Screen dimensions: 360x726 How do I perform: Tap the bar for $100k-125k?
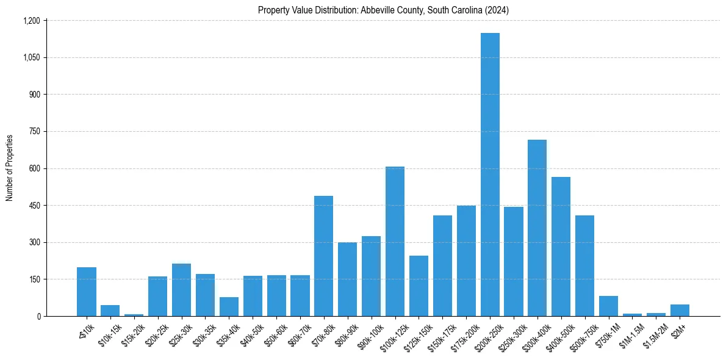point(395,241)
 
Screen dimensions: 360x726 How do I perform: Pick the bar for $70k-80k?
point(323,256)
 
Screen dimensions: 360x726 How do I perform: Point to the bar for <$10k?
point(87,292)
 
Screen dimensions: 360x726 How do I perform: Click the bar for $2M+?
point(680,310)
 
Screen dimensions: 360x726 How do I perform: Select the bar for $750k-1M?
point(608,306)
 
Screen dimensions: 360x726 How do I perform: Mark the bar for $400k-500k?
point(561,247)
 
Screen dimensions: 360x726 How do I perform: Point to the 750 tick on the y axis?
point(34,131)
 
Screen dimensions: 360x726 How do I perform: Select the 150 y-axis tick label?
point(34,279)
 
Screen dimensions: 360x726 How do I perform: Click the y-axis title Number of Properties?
point(10,168)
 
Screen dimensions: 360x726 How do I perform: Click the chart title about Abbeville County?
point(383,10)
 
